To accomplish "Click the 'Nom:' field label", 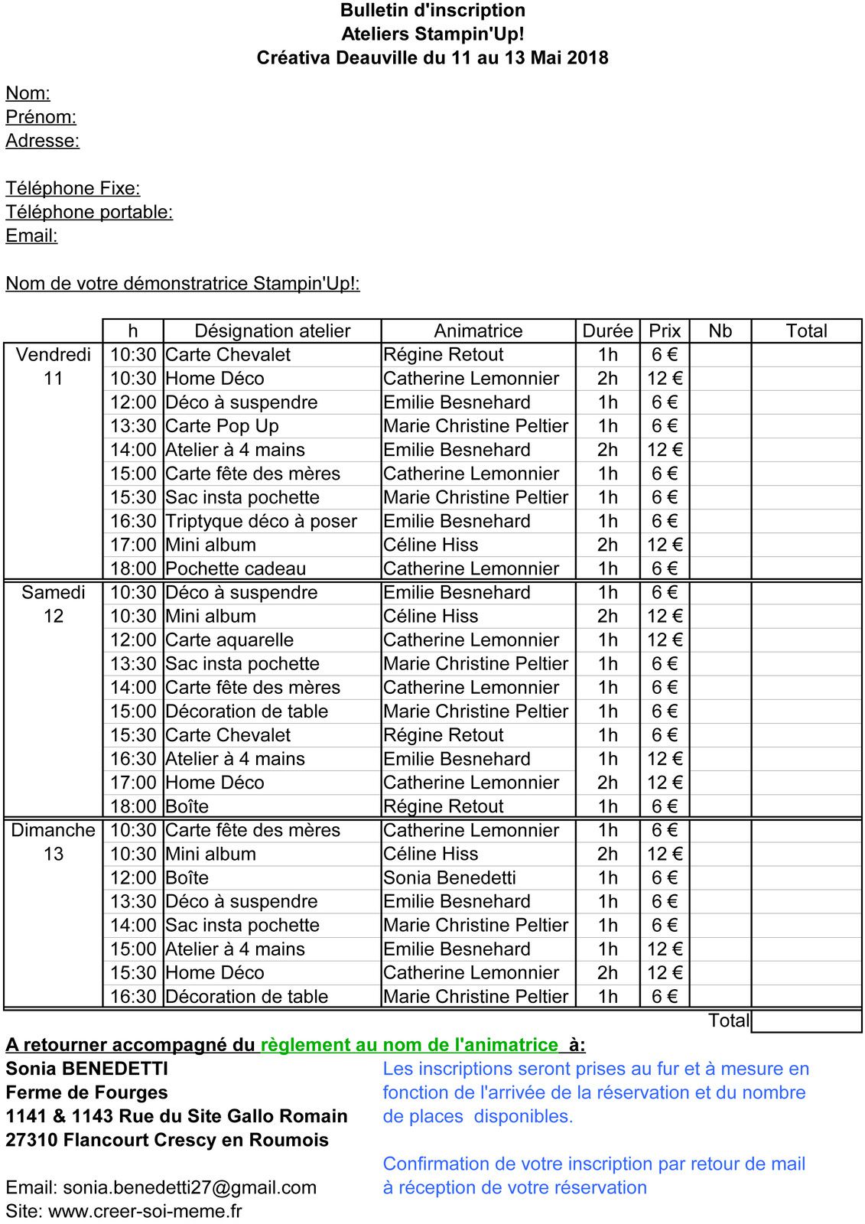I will (28, 93).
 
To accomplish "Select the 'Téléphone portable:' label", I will (89, 212).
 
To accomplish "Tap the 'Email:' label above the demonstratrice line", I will (31, 236).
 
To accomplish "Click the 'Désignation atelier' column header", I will (272, 330).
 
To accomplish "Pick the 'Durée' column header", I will (607, 330).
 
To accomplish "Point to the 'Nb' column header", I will (720, 330).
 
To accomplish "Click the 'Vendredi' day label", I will (54, 354).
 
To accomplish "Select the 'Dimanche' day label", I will (54, 830).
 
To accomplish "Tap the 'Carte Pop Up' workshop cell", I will (222, 425).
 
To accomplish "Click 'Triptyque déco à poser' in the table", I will (261, 521).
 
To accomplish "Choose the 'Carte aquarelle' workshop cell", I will (229, 640).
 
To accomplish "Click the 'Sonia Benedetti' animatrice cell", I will (450, 877).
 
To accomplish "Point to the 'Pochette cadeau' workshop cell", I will (236, 568).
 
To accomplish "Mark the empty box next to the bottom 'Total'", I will (806, 1021).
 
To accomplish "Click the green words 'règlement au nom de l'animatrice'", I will (409, 1045).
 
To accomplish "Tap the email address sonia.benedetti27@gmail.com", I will (190, 1187).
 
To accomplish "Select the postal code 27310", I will (31, 1140).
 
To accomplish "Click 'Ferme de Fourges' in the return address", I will (86, 1092).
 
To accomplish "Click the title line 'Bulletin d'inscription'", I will (432, 11).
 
